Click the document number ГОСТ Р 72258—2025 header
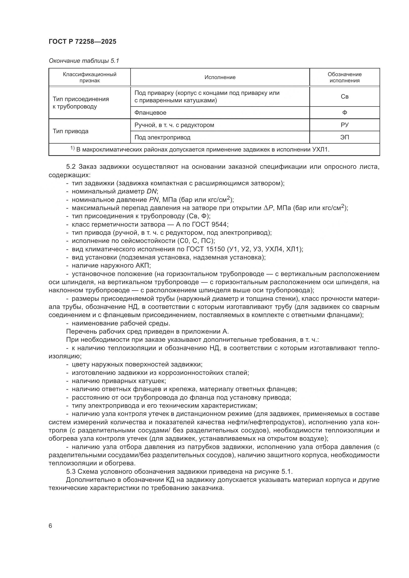pyautogui.click(x=82, y=42)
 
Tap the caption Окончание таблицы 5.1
pyautogui.click(x=84, y=61)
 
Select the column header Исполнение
pyautogui.click(x=220, y=77)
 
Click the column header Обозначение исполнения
pyautogui.click(x=344, y=77)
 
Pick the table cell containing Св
pyautogui.click(x=344, y=97)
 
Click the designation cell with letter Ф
pyautogui.click(x=344, y=112)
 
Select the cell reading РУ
pyautogui.click(x=344, y=125)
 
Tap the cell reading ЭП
pyautogui.click(x=344, y=137)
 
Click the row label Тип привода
pyautogui.click(x=70, y=131)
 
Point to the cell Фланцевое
pyautogui.click(x=150, y=112)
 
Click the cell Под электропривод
pyautogui.click(x=162, y=137)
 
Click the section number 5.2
pyautogui.click(x=71, y=167)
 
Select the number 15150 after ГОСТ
pyautogui.click(x=216, y=249)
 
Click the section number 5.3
pyautogui.click(x=71, y=471)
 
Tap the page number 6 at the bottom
pyautogui.click(x=50, y=526)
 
